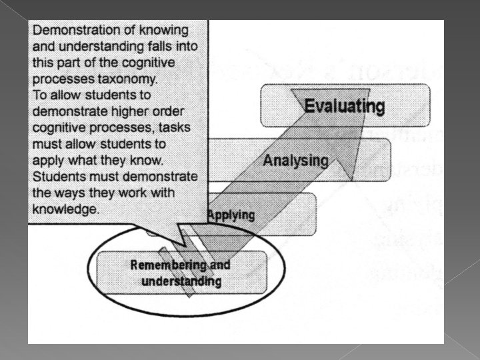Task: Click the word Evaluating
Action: coord(344,106)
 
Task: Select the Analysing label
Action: coord(295,161)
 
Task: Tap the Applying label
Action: coord(231,215)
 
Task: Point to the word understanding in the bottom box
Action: coord(181,281)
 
